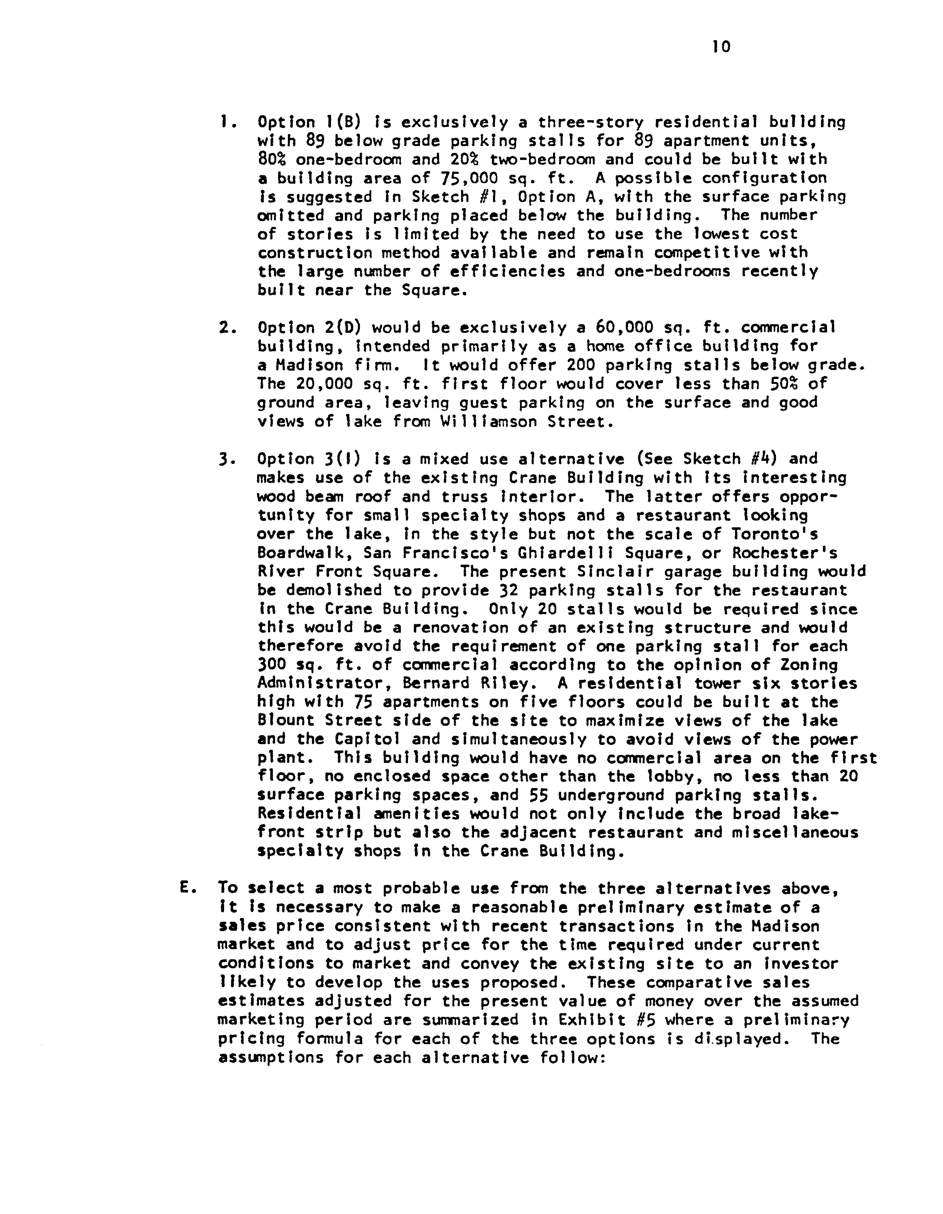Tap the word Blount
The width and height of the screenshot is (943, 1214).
point(286,721)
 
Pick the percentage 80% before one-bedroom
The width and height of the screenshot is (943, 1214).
point(272,160)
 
